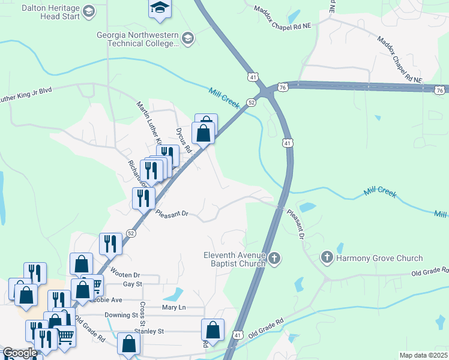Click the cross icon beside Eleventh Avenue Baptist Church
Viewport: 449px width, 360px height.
coord(274,258)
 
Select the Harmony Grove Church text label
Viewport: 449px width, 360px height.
coord(379,258)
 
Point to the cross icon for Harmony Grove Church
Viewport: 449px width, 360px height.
coord(327,258)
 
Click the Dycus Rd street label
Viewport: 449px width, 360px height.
coord(183,139)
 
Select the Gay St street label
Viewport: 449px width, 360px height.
coord(131,284)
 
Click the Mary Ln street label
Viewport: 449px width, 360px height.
coord(174,307)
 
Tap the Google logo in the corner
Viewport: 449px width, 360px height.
coord(19,353)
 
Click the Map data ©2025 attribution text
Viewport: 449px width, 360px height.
coord(423,355)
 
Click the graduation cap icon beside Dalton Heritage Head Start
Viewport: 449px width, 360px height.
coord(89,11)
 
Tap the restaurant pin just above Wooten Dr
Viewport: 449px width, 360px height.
coord(110,243)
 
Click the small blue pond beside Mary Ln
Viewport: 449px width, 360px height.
coord(173,295)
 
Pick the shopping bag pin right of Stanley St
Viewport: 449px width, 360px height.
coord(212,329)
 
